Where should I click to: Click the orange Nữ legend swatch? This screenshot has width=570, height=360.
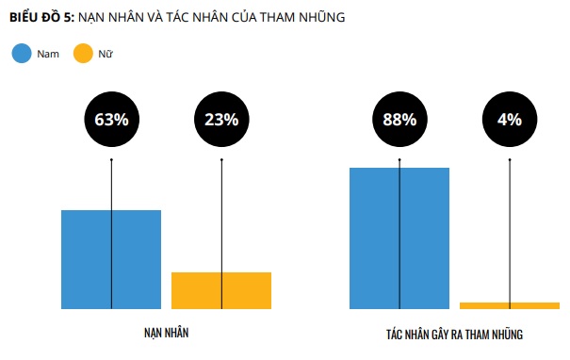pyautogui.click(x=83, y=54)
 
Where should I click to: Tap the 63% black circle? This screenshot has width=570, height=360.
pyautogui.click(x=111, y=120)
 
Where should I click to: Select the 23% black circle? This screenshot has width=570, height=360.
pyautogui.click(x=221, y=120)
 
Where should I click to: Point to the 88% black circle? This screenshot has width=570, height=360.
pyautogui.click(x=399, y=120)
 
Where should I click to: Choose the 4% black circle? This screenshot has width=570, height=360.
pyautogui.click(x=510, y=120)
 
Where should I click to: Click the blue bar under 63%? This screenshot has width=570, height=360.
pyautogui.click(x=111, y=259)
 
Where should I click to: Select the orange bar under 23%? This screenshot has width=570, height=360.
pyautogui.click(x=221, y=290)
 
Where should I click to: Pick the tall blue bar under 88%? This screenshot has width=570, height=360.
pyautogui.click(x=399, y=238)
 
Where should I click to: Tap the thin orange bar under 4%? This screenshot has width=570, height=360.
pyautogui.click(x=510, y=305)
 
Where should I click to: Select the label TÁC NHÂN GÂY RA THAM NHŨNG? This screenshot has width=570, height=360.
pyautogui.click(x=454, y=335)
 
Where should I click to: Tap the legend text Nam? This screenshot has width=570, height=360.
pyautogui.click(x=48, y=55)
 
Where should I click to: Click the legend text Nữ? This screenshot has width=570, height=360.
pyautogui.click(x=106, y=55)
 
